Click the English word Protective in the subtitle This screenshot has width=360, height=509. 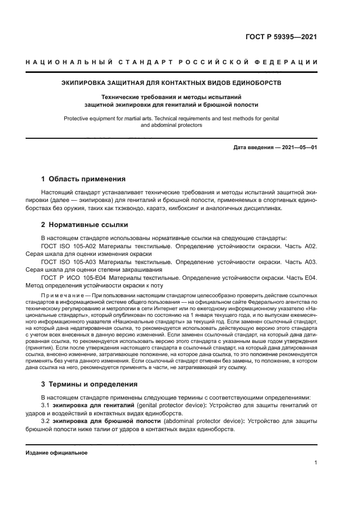[77, 118]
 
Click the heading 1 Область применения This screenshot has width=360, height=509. [84, 179]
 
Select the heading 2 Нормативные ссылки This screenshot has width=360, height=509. [85, 224]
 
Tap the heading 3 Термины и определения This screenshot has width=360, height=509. [90, 384]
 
